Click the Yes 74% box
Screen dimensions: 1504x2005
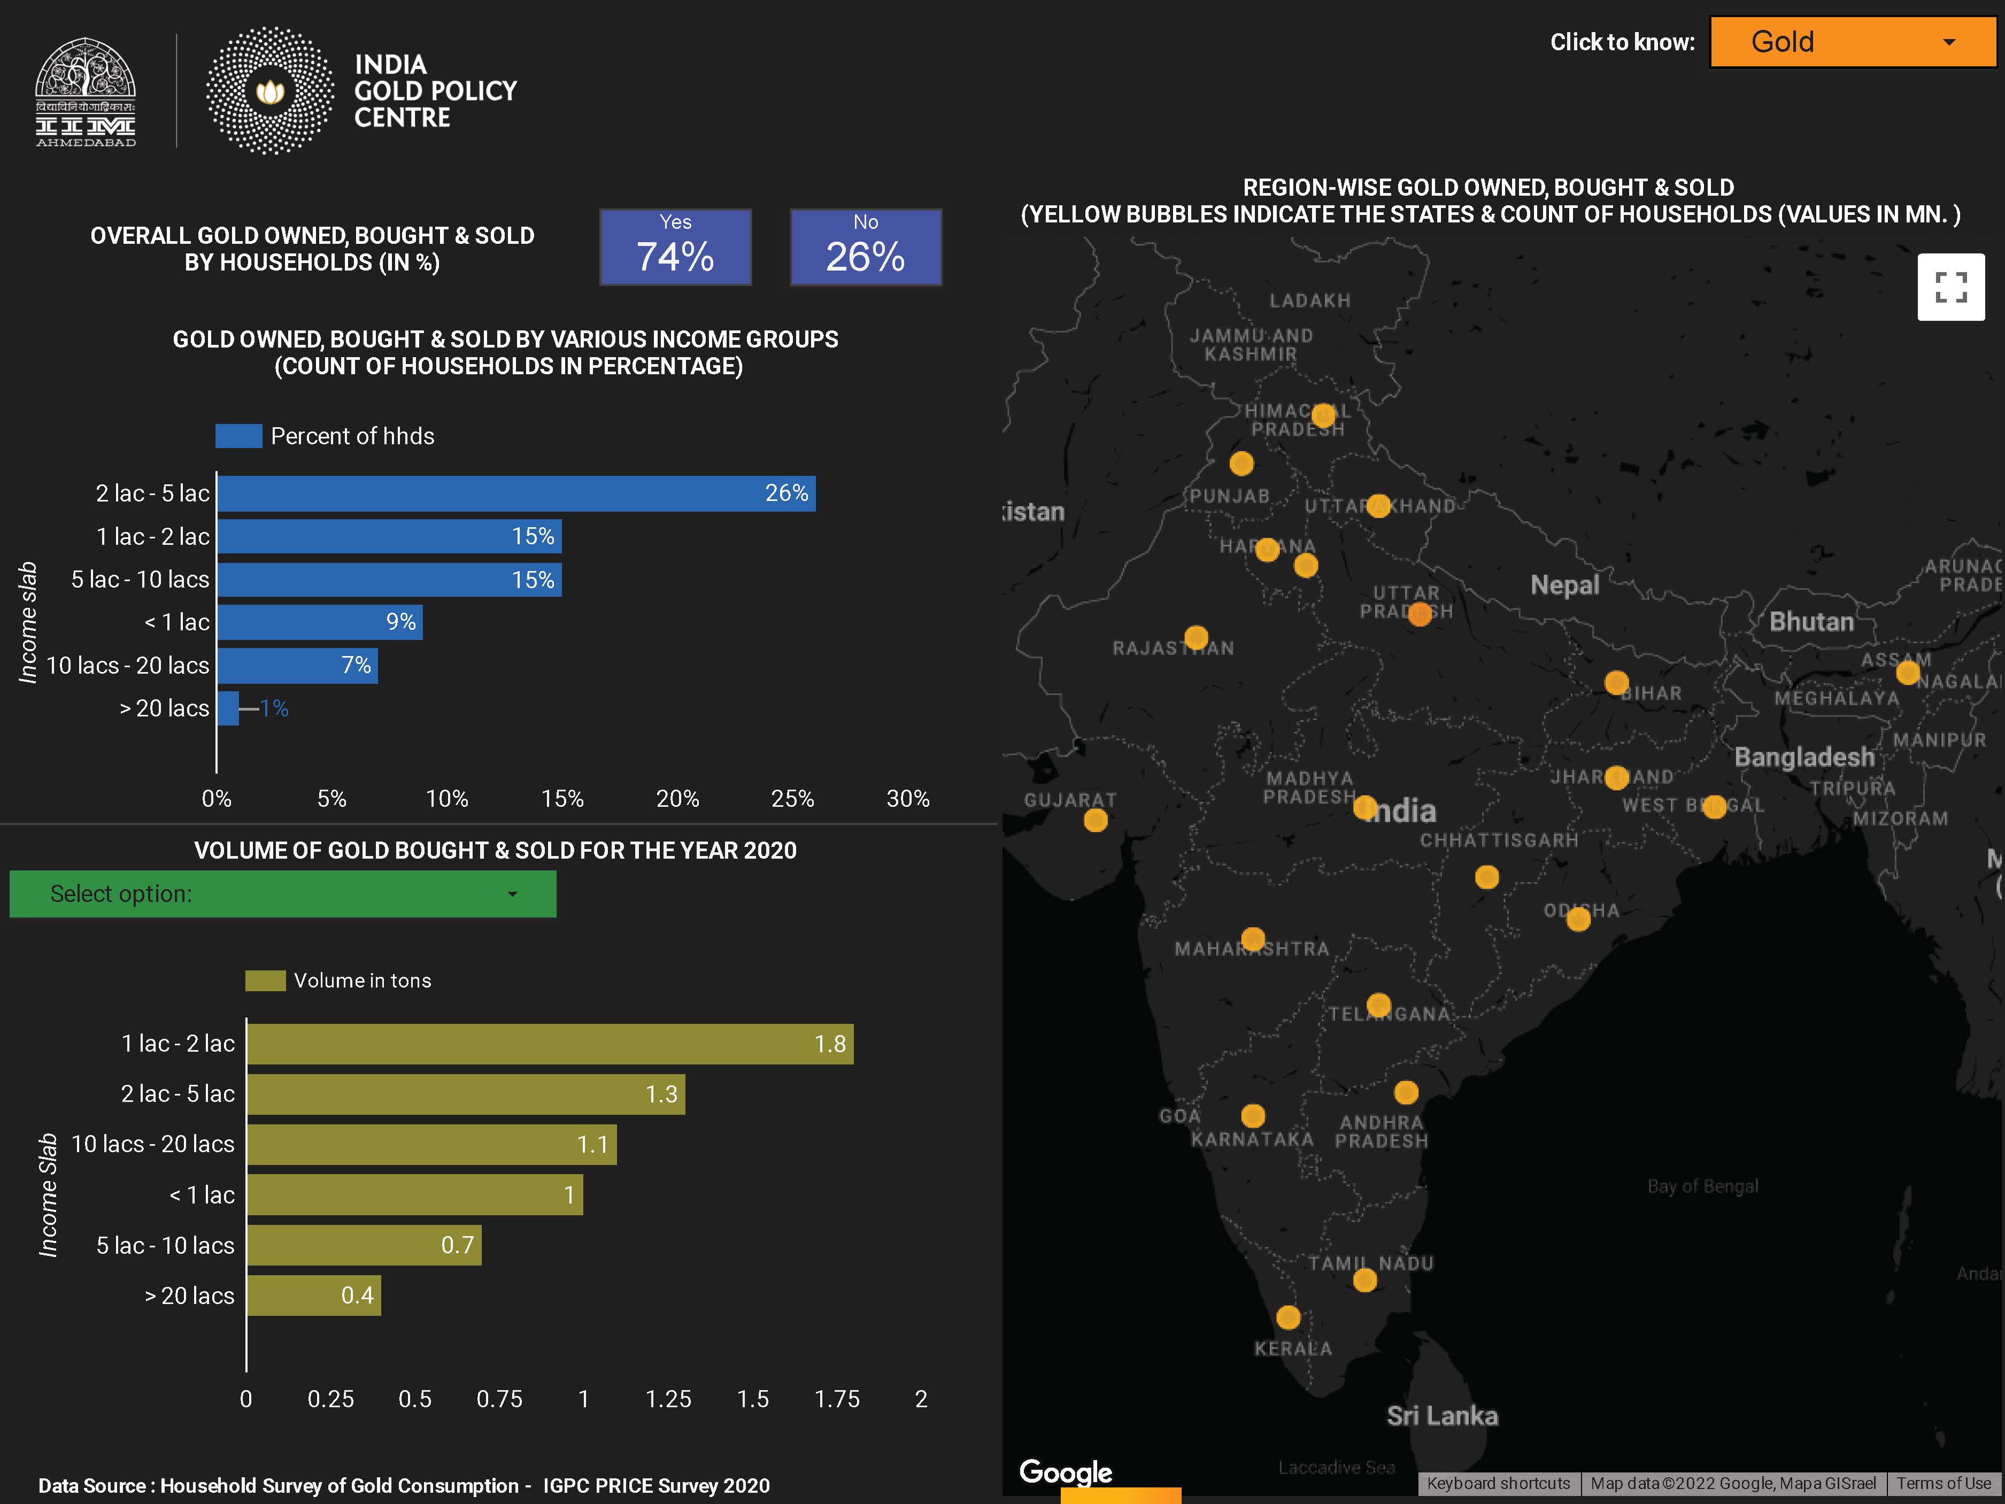(x=675, y=248)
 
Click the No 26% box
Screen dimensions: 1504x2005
(x=866, y=248)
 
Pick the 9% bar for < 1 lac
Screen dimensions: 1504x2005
(x=319, y=622)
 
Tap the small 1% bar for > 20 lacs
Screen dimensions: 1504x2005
(x=228, y=708)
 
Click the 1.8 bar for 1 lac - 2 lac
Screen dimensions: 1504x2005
(x=549, y=1044)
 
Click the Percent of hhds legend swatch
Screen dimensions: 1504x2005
(x=238, y=436)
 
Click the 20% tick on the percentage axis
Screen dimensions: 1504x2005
(x=677, y=799)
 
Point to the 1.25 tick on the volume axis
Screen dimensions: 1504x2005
(x=668, y=1399)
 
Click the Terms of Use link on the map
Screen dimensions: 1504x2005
(x=1944, y=1483)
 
